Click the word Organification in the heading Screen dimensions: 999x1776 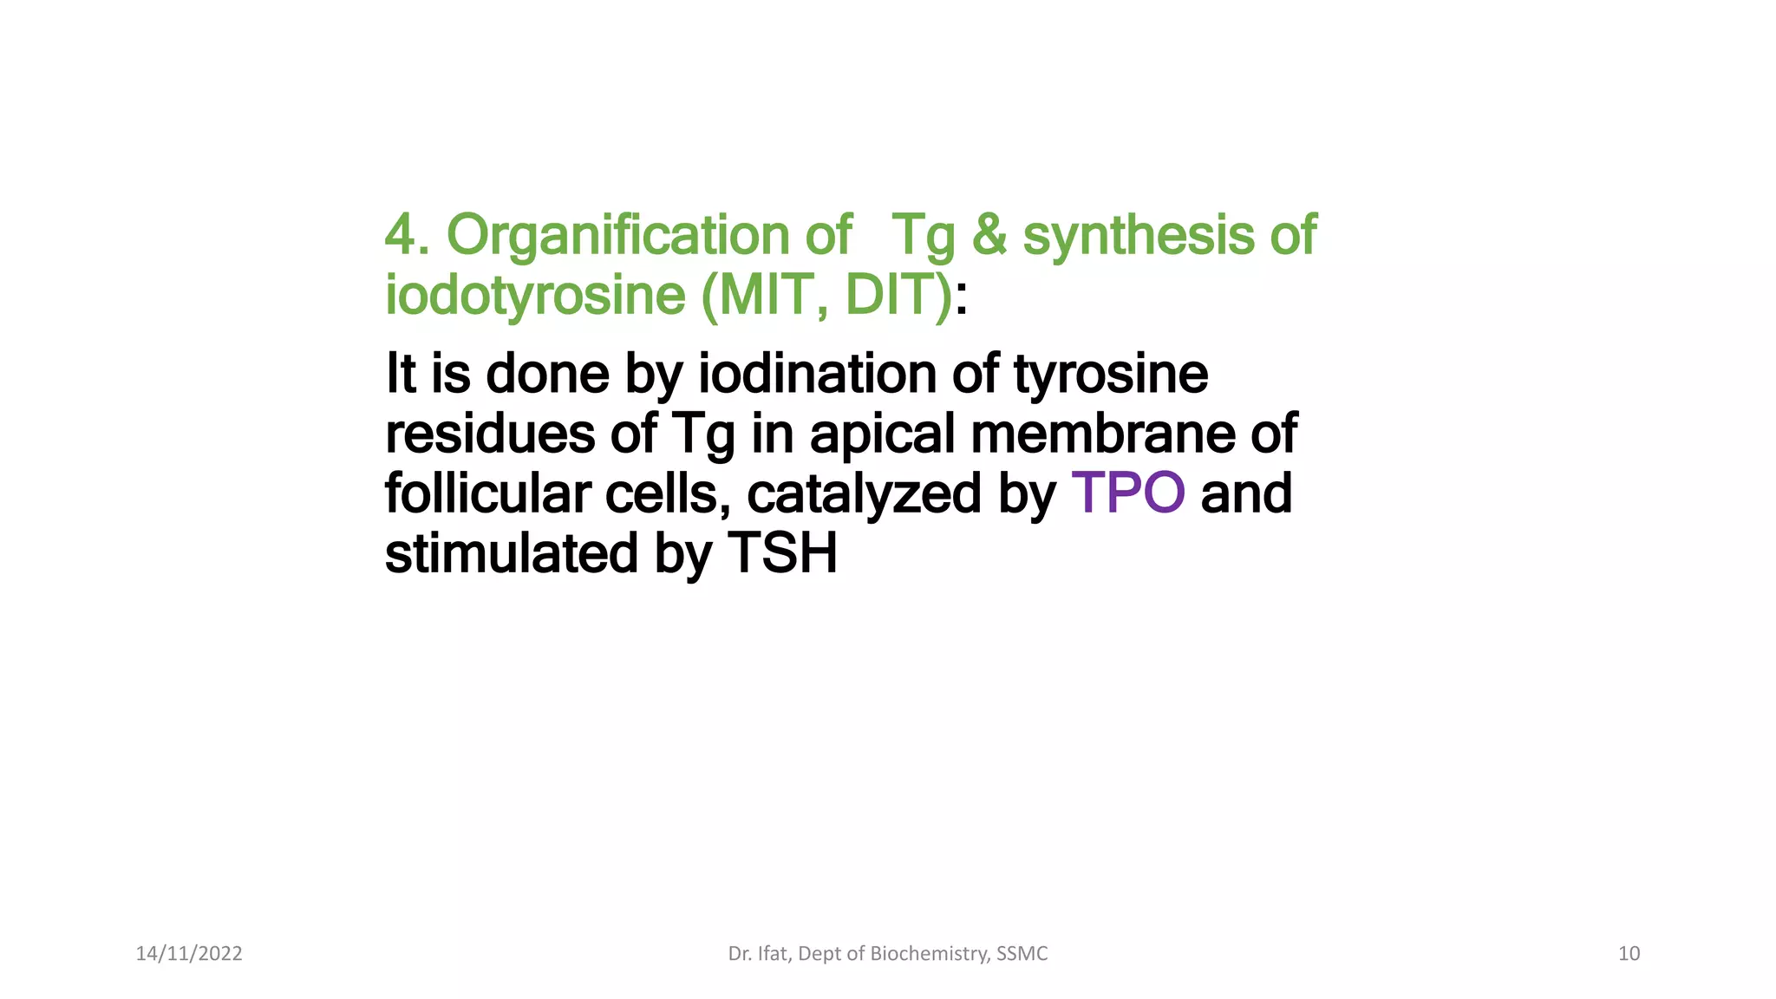[x=618, y=236]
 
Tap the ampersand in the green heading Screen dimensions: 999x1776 [x=989, y=236]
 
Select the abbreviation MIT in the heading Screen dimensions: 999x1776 [x=766, y=296]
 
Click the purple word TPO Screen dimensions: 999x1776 [x=1128, y=493]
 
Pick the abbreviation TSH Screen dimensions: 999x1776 [x=783, y=553]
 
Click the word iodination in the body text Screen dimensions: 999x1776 [x=817, y=374]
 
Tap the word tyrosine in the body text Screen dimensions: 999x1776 [x=1111, y=374]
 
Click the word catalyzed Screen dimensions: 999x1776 [x=864, y=493]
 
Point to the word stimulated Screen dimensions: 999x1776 [x=512, y=553]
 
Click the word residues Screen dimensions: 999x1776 [x=489, y=434]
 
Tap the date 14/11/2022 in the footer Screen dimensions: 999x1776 [x=189, y=954]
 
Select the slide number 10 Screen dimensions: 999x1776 [x=1629, y=954]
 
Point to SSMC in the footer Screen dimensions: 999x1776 [x=1022, y=954]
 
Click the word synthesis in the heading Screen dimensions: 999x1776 [x=1138, y=236]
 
